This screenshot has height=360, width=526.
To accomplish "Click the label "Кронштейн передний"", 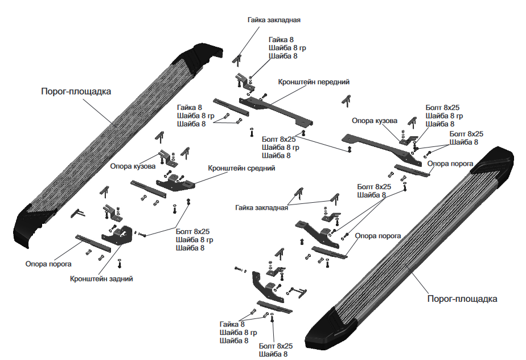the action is coord(314,82).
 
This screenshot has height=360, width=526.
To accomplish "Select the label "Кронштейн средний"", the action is coord(241,168).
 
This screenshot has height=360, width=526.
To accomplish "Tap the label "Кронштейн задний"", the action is coord(101,279).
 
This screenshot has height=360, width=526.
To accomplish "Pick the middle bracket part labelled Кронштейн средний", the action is coord(175,182).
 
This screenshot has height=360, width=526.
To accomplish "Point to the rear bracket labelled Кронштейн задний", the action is coord(117,236).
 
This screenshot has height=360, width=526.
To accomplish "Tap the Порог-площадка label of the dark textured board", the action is coord(76,91).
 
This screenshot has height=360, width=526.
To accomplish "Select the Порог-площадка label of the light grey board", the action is coord(462,299).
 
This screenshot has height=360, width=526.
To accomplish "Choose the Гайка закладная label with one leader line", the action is coord(274,20).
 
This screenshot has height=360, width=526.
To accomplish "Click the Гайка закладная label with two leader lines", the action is coord(262,207).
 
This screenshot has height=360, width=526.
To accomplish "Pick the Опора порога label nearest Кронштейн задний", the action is coord(48,264).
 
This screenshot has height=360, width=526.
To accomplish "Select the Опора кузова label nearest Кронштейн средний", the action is coord(133,166).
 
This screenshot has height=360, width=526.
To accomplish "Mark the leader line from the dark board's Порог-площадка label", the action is coord(100,112).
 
